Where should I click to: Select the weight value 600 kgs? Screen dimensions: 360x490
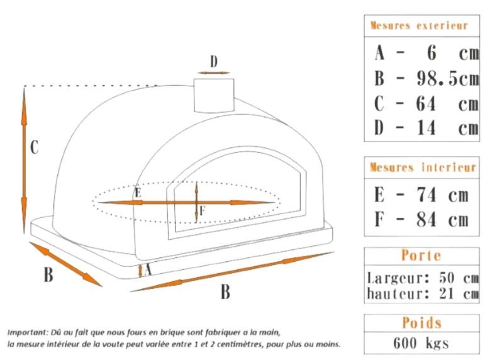(x=420, y=343)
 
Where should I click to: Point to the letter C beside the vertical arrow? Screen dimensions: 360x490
(x=35, y=148)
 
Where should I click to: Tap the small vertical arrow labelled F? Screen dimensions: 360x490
(x=197, y=201)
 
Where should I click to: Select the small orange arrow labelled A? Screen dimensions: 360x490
(x=140, y=270)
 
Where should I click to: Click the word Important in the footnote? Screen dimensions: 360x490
(x=28, y=332)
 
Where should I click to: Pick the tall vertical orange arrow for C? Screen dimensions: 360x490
(x=24, y=151)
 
